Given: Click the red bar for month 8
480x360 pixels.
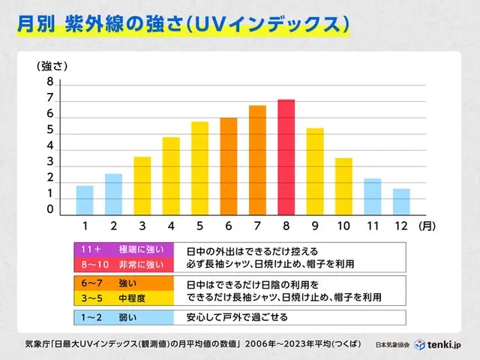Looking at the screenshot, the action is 286,157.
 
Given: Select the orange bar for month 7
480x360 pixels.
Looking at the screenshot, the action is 257,160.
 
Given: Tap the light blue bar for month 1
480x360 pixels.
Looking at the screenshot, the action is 85,200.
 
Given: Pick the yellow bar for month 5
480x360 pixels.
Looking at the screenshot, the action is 200,168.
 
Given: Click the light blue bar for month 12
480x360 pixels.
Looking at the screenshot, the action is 401,202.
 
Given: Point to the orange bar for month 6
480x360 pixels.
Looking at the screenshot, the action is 229,166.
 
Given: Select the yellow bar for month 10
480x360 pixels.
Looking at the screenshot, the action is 343,187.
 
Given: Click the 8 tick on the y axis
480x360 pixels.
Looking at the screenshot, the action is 50,82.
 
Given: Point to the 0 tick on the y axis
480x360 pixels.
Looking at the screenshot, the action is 50,209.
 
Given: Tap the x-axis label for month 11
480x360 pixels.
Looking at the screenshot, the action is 373,226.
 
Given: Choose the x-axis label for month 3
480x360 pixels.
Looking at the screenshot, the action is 142,226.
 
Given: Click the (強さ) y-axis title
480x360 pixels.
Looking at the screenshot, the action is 52,66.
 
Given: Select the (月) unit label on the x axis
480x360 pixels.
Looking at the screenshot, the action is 427,226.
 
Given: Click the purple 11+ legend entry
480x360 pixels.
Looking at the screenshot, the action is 124,250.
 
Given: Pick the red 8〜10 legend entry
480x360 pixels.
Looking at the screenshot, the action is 124,265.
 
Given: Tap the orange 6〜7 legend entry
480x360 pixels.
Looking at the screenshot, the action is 124,283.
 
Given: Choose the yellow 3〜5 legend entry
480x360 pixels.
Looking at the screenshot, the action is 124,298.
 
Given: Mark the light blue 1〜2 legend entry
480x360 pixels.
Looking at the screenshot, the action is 124,317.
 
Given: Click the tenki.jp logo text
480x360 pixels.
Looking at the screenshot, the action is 444,345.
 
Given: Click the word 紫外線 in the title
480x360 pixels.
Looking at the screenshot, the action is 94,24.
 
